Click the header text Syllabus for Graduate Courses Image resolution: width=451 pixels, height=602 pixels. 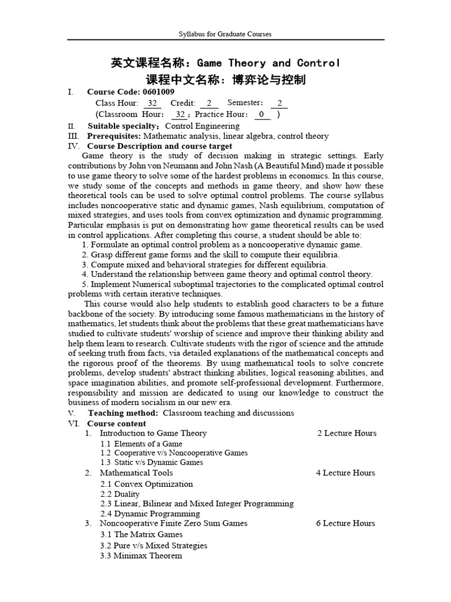click(225, 34)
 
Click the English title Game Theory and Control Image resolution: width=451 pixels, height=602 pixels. click(268, 63)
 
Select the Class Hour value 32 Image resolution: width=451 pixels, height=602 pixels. click(152, 103)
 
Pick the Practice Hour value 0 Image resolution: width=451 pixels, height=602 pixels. click(261, 114)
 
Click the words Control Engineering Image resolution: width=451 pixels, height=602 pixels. click(202, 126)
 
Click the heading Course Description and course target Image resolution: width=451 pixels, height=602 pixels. click(160, 146)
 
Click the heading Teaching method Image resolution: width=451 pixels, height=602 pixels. click(123, 413)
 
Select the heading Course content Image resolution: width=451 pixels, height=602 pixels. click(117, 423)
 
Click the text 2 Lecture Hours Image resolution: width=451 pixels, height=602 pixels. click(346, 433)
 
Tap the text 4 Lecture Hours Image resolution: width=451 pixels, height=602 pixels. click(345, 473)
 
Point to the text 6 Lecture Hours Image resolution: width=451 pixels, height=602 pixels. click(345, 523)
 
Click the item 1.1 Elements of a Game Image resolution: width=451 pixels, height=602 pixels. click(141, 444)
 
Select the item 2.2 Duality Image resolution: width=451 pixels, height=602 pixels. click(120, 494)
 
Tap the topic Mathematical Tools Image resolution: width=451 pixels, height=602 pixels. click(136, 473)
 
